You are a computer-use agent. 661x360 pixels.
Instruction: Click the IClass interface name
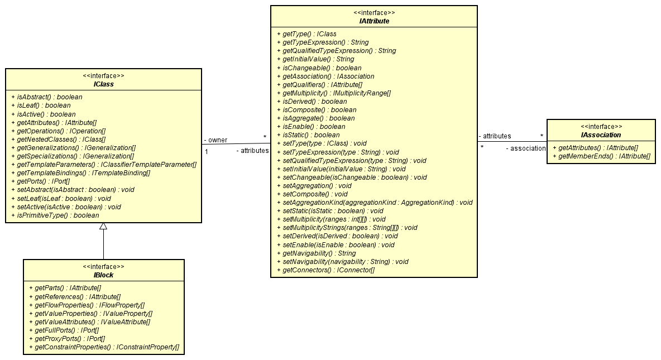[x=103, y=84]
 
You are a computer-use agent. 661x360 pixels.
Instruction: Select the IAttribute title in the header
[x=373, y=21]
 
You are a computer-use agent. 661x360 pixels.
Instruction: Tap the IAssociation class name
[x=601, y=135]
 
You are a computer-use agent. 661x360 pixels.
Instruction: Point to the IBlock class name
[x=103, y=275]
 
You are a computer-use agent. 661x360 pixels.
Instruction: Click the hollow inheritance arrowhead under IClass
[x=103, y=227]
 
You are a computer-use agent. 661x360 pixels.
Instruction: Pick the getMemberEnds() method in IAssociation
[x=601, y=156]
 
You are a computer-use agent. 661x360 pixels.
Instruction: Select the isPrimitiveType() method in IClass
[x=55, y=215]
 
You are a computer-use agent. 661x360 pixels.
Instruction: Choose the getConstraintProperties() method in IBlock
[x=103, y=347]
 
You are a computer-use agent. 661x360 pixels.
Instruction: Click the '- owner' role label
[x=215, y=140]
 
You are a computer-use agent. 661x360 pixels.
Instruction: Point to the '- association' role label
[x=525, y=148]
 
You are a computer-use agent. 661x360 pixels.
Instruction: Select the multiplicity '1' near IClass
[x=207, y=151]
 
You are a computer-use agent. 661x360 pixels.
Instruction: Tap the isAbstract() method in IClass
[x=46, y=97]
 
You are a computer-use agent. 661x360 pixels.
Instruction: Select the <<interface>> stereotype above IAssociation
[x=601, y=126]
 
